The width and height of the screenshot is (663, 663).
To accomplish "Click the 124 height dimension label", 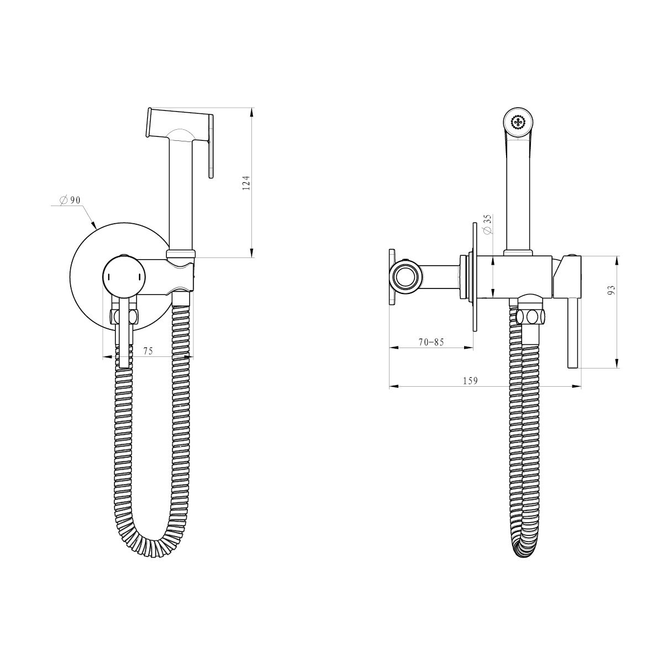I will (248, 183).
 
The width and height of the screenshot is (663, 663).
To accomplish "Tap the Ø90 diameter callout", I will (70, 199).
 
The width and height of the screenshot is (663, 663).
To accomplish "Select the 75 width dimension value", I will (148, 351).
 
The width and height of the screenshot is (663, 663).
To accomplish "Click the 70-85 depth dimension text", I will (431, 342).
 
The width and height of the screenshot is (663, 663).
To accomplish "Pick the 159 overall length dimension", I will (470, 381).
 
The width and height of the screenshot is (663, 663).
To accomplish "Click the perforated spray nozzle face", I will (519, 123).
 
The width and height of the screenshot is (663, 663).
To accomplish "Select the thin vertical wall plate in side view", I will (474, 276).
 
